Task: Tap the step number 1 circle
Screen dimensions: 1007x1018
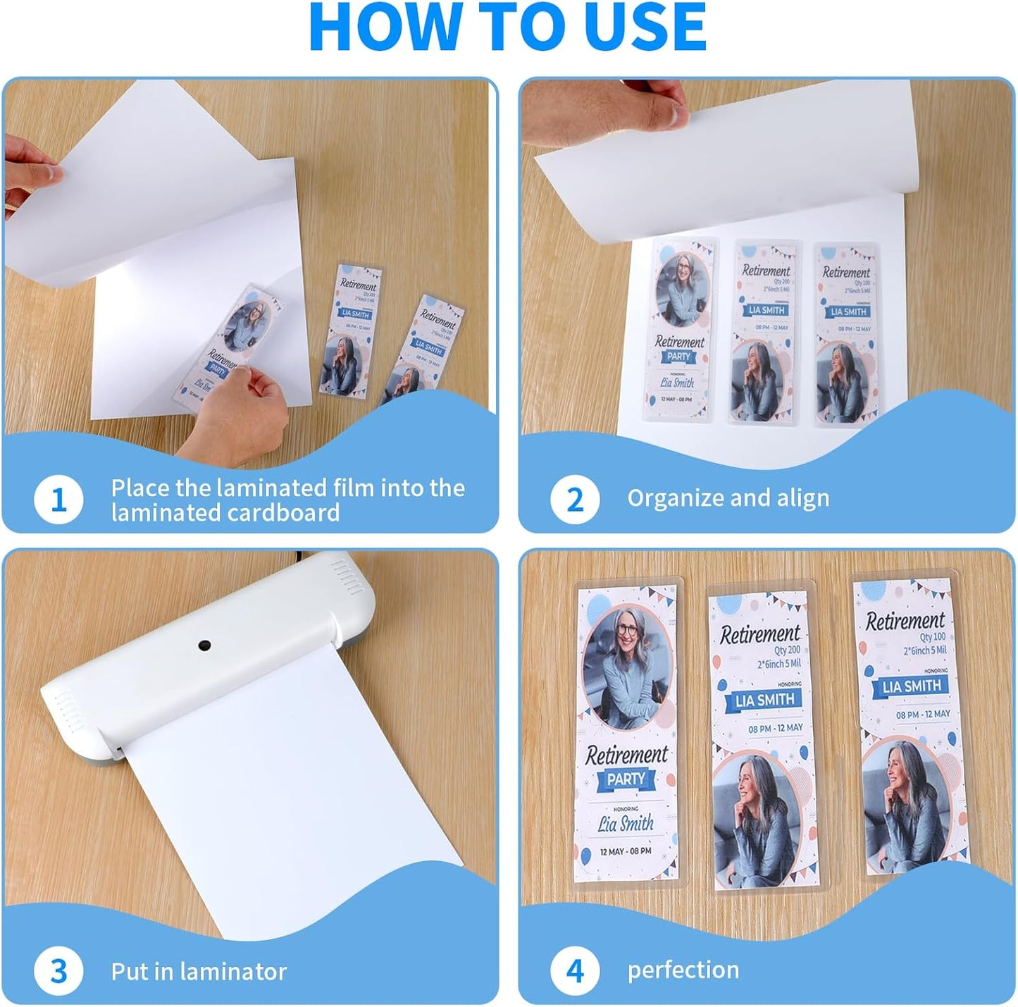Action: tap(58, 500)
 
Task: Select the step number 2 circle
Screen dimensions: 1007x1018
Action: tap(575, 500)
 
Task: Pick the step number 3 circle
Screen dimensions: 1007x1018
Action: tap(58, 971)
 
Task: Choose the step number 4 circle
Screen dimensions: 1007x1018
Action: tap(575, 971)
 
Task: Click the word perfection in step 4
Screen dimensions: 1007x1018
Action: tap(683, 970)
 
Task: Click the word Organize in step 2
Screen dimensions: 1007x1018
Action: tap(677, 498)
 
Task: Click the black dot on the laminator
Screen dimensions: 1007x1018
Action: tap(205, 645)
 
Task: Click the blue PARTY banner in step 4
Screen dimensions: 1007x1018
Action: tap(626, 779)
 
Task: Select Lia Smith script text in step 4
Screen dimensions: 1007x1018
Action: tap(626, 823)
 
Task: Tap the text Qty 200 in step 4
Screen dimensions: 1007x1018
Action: tap(787, 650)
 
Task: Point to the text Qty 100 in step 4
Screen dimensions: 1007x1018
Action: tap(933, 637)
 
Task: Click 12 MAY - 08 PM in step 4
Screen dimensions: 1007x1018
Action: tap(626, 851)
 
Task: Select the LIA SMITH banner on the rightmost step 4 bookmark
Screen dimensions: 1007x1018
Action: tap(912, 686)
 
